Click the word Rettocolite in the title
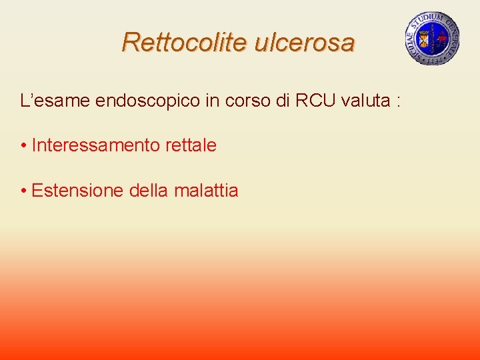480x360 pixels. point(174,43)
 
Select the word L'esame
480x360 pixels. point(55,101)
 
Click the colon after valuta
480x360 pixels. point(399,102)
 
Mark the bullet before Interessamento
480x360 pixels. point(23,145)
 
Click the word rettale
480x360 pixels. point(191,145)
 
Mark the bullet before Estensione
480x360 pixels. point(23,191)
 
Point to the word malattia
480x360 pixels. point(206,191)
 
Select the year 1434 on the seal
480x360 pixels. point(432,59)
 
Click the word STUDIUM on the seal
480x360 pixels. point(433,17)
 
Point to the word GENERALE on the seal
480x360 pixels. point(453,37)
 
